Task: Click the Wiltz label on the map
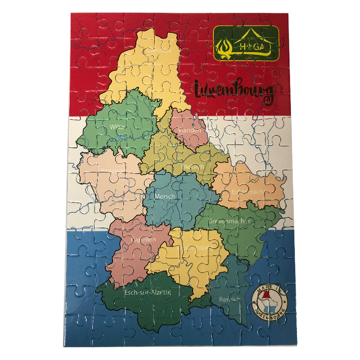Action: (x=117, y=127)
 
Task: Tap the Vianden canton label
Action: (x=189, y=130)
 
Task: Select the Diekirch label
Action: (x=193, y=167)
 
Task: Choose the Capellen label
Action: (x=144, y=239)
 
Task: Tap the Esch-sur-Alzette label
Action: (x=148, y=292)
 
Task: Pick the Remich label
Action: (x=229, y=299)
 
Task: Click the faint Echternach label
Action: (x=247, y=192)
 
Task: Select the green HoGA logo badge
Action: (x=246, y=44)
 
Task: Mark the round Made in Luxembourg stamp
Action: (x=270, y=301)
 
